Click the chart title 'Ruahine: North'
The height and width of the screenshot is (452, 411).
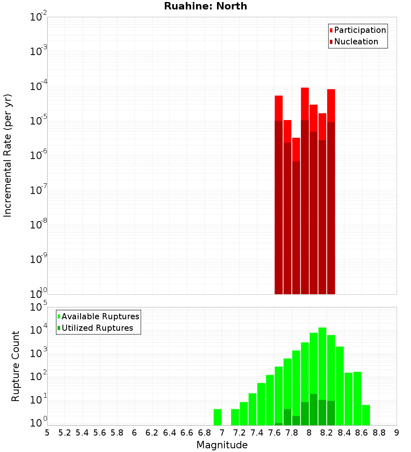[x=205, y=6]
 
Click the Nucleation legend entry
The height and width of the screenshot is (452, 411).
[x=356, y=42]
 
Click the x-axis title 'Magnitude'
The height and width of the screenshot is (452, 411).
[x=222, y=445]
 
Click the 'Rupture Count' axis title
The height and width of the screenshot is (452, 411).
[x=16, y=366]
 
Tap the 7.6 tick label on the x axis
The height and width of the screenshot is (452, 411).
[x=274, y=432]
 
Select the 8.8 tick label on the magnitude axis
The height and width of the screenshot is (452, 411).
[x=379, y=432]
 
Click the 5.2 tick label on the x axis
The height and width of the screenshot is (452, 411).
[x=65, y=432]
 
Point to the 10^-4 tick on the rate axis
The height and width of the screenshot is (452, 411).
[x=38, y=86]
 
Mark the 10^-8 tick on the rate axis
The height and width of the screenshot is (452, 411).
[x=38, y=225]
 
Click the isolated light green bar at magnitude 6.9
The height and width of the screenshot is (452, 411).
[x=217, y=417]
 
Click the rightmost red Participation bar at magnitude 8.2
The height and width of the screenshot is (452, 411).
[x=331, y=105]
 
